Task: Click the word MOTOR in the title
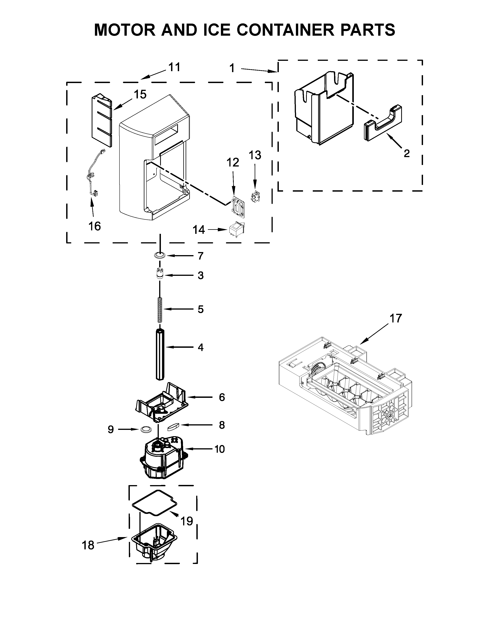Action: coord(125,30)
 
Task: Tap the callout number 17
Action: coord(395,318)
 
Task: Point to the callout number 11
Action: coord(174,67)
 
